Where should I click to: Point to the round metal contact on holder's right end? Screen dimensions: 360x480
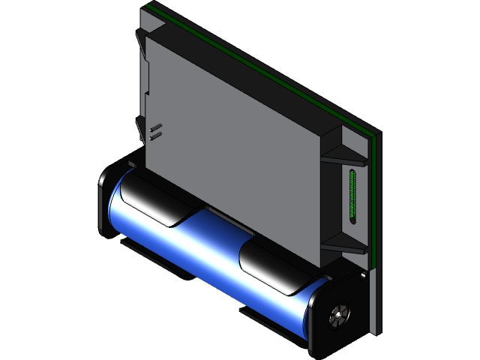coord(338,315)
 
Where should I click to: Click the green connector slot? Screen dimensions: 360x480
coord(353,197)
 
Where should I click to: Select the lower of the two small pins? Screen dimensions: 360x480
coord(157,136)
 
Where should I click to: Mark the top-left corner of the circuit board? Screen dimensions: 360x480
coord(146,6)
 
